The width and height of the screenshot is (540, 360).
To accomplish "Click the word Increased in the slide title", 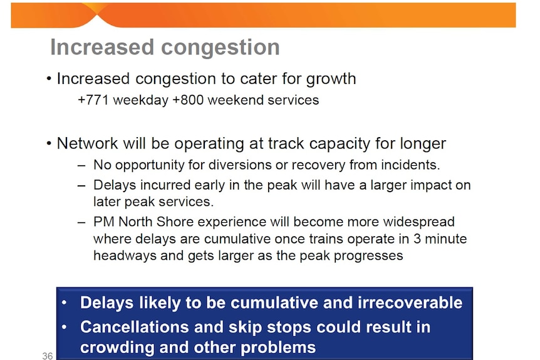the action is click(102, 47).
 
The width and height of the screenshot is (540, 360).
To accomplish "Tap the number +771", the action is click(93, 100).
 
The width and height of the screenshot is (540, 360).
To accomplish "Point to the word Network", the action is click(87, 143).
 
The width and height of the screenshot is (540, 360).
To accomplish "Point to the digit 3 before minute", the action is click(417, 239).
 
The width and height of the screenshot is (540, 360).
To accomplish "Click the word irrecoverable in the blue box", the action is click(410, 302).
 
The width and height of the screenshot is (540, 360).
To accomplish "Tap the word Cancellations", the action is click(135, 327).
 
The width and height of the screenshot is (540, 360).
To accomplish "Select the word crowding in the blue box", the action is click(117, 347).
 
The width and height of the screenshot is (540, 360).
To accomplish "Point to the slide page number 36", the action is click(48, 356).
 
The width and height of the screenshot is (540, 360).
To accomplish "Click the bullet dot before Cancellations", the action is click(64, 327).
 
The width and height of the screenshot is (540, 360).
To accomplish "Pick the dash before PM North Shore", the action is click(81, 222).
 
